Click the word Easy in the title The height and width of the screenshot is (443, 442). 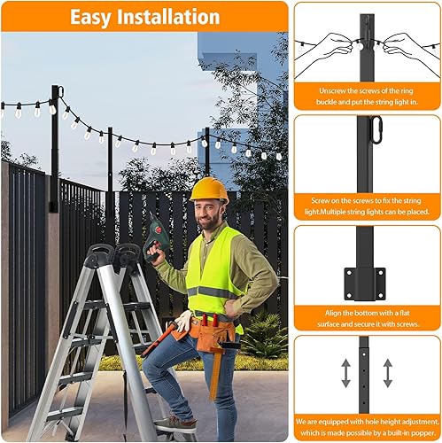pos(96,17)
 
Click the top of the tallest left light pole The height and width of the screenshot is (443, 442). pos(55,89)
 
